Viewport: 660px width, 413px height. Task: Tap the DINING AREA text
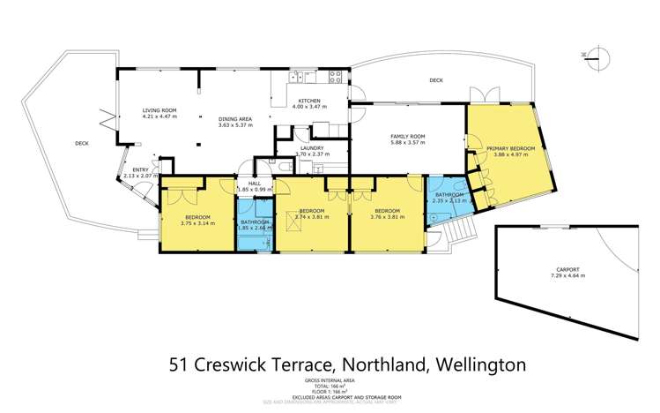235,119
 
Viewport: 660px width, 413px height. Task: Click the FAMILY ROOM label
408,135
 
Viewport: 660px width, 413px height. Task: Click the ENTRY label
140,169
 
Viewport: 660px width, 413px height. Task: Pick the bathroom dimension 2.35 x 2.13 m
449,200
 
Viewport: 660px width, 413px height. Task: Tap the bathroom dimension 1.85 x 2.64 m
254,229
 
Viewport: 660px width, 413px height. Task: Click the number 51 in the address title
179,363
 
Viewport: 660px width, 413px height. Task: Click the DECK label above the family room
434,80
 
